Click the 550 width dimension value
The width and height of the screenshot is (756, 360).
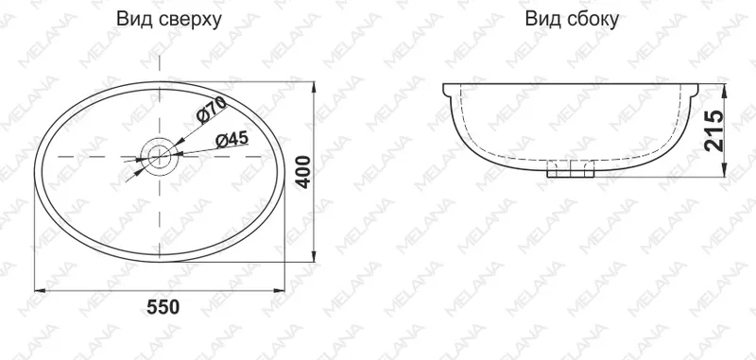[x=163, y=307]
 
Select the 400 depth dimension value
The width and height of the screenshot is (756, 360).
[x=303, y=172]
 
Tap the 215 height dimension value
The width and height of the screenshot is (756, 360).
[x=714, y=130]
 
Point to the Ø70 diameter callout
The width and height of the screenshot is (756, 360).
[x=212, y=109]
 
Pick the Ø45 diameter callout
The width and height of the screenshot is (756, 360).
[x=232, y=140]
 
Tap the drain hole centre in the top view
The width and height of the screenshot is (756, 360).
[x=160, y=157]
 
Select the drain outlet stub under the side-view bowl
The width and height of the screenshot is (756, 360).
[x=571, y=169]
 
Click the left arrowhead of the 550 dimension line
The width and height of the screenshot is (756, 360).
[x=40, y=291]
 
